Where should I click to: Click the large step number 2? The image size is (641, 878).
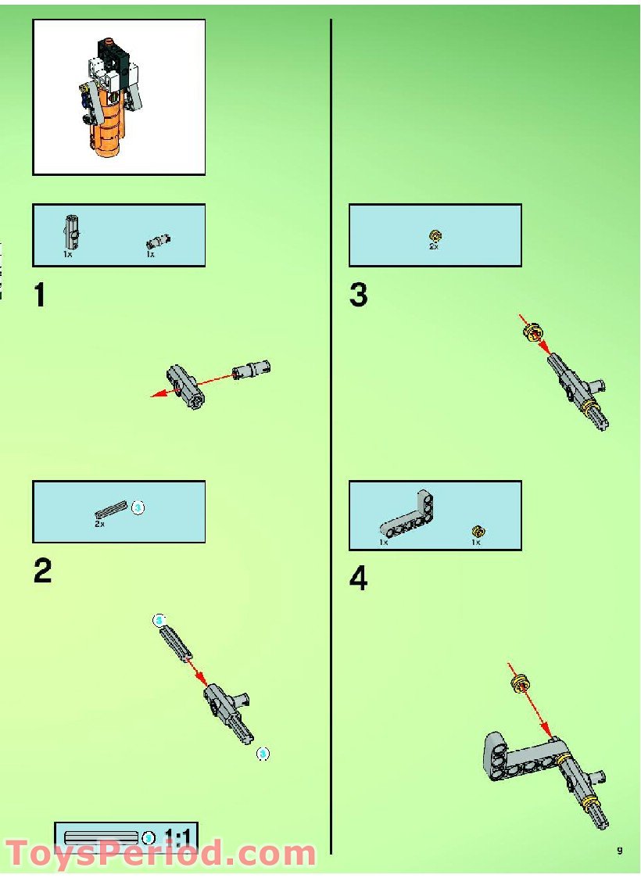tap(43, 572)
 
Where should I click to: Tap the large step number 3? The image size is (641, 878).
tap(358, 296)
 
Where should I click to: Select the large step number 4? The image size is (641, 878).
tap(358, 579)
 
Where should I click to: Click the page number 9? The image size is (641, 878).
tap(619, 851)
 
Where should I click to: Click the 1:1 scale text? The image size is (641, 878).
tap(178, 839)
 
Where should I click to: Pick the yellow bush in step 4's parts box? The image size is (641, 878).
tap(476, 531)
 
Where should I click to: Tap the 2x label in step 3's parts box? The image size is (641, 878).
tap(434, 246)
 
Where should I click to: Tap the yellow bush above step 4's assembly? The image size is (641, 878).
tap(518, 685)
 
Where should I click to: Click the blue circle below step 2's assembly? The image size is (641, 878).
tap(263, 754)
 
